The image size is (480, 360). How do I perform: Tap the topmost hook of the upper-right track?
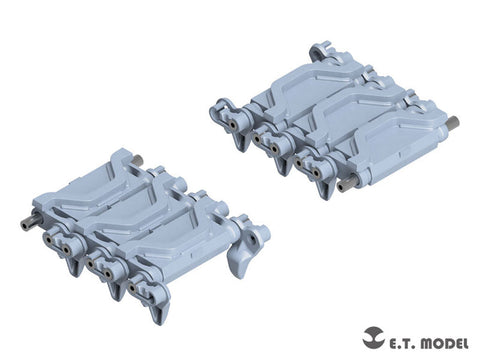[319, 46]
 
